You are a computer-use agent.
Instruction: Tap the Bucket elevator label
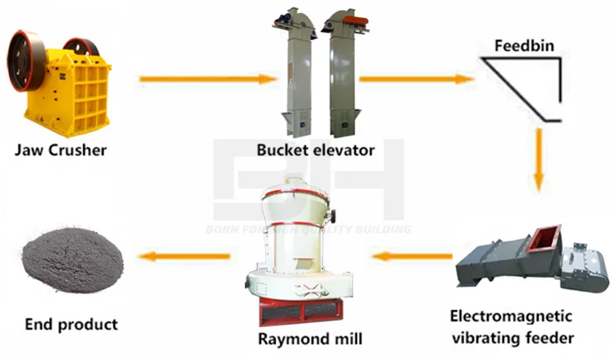point(315,150)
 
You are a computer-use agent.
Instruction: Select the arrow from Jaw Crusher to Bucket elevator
point(209,80)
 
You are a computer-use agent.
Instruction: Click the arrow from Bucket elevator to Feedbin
point(416,80)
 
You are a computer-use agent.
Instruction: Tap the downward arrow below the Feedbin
point(539,159)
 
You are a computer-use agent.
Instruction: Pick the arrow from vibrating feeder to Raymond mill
point(411,256)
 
